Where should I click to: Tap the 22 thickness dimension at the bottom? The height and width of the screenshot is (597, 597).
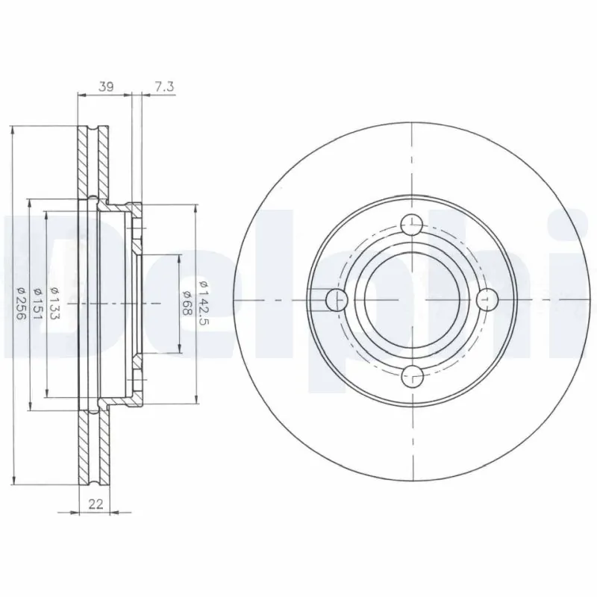tap(95, 504)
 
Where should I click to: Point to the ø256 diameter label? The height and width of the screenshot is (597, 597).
tap(21, 302)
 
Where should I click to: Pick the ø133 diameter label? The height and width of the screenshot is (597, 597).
tap(54, 302)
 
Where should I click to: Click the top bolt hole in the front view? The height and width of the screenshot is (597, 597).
tap(412, 225)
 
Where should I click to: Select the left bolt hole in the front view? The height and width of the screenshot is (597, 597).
tap(337, 300)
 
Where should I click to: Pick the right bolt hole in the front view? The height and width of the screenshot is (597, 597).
tap(487, 300)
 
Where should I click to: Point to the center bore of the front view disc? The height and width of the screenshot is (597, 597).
tap(412, 300)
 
